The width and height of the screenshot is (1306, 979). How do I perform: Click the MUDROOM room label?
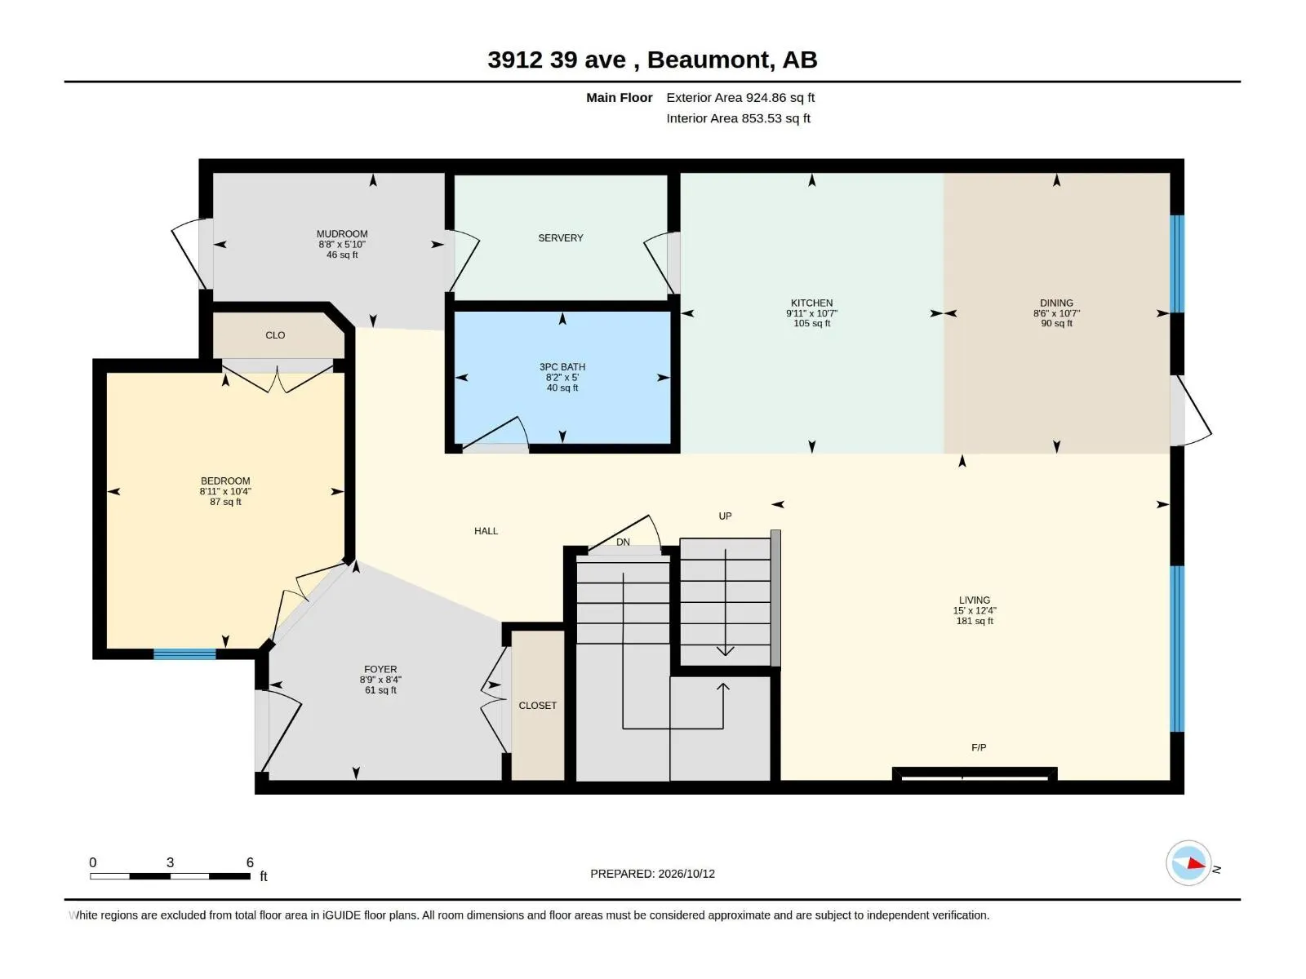pos(341,233)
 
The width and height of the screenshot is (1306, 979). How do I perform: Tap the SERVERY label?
pos(560,237)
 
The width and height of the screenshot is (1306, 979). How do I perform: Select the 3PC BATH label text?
pos(562,367)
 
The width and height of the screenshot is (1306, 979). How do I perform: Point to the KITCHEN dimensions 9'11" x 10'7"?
pos(811,313)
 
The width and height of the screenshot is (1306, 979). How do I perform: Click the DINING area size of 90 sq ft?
pos(1056,323)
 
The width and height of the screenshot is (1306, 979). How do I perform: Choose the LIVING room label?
pos(974,600)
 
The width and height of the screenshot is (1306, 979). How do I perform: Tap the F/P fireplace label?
pos(978,748)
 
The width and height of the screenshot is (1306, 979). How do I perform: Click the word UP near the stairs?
pos(725,516)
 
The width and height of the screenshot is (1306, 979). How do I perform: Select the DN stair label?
pos(622,542)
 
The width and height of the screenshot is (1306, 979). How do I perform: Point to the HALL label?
pos(486,531)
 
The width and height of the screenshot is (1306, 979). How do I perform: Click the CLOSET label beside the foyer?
pos(537,706)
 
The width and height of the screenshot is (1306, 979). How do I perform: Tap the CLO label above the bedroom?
pos(275,335)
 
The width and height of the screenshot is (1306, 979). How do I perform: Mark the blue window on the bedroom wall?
pos(184,653)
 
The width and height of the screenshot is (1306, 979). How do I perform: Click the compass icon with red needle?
pos(1188,863)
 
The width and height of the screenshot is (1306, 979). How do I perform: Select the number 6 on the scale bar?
pos(250,862)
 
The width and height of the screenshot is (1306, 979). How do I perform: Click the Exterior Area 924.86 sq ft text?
pos(740,97)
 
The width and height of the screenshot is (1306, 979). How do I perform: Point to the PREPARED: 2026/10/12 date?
pos(652,874)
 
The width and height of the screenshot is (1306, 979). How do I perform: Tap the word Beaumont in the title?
pos(710,60)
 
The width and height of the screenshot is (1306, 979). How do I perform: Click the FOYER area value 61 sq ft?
pos(380,690)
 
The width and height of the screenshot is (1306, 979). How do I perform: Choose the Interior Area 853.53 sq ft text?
pos(738,118)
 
